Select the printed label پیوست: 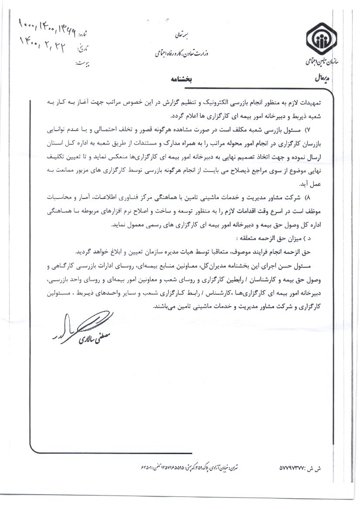[83, 64]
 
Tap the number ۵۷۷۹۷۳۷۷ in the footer [296, 470]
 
